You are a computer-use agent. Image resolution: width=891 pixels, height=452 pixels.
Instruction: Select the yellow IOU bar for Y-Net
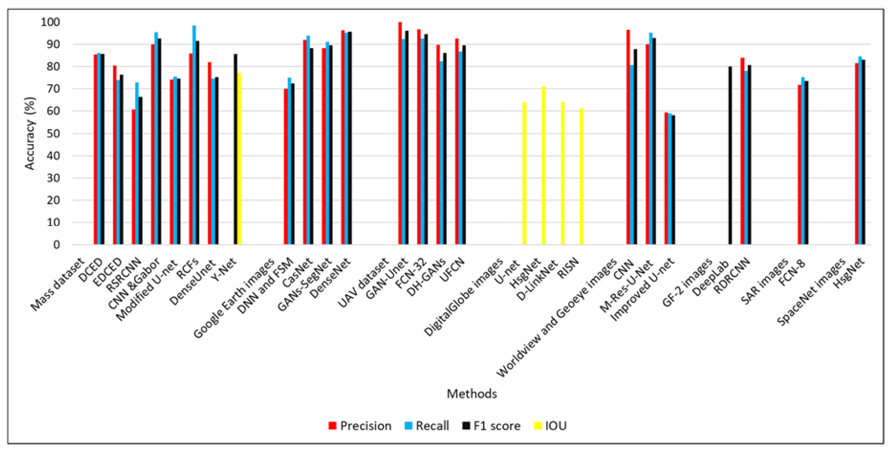click(x=239, y=159)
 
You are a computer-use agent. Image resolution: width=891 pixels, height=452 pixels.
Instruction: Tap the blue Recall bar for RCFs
click(x=194, y=138)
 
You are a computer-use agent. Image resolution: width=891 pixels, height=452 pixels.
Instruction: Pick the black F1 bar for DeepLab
click(x=730, y=156)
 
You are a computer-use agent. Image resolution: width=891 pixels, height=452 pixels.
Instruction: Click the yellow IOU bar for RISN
click(x=581, y=176)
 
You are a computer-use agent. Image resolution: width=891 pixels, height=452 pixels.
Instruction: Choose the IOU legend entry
click(x=550, y=426)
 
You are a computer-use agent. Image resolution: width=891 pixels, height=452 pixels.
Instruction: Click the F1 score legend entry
click(x=491, y=426)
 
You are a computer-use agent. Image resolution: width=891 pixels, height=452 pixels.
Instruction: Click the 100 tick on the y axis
click(x=50, y=22)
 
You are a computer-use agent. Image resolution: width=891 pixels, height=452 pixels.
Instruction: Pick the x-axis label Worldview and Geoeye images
click(x=557, y=318)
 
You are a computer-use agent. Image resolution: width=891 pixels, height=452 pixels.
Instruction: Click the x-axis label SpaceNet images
click(x=811, y=292)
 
